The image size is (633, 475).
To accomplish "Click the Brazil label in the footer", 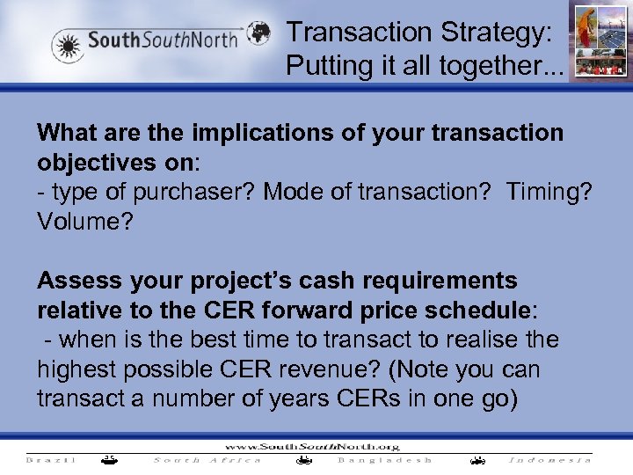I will point(52,459).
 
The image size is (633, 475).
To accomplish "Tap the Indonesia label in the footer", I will point(550,459).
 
